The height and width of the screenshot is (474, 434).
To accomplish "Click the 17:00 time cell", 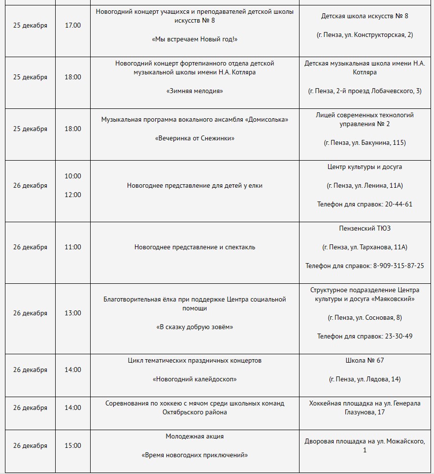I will pyautogui.click(x=73, y=25).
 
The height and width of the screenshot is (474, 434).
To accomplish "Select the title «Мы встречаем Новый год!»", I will pyautogui.click(x=195, y=39).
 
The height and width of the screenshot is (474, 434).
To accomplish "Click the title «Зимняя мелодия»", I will pyautogui.click(x=195, y=91).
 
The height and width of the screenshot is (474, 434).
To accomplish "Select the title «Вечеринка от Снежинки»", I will pyautogui.click(x=195, y=138).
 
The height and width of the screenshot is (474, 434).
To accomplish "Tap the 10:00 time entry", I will pyautogui.click(x=73, y=176).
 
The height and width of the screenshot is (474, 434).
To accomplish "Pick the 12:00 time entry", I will pyautogui.click(x=73, y=195).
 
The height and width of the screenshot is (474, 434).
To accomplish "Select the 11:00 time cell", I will pyautogui.click(x=73, y=247).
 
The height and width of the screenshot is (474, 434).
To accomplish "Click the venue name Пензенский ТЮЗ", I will pyautogui.click(x=365, y=228).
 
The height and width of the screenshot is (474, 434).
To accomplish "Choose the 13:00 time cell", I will pyautogui.click(x=73, y=313).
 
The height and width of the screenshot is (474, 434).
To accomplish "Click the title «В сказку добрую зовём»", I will pyautogui.click(x=195, y=327).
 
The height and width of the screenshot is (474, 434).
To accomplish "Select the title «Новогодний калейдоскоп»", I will pyautogui.click(x=195, y=379).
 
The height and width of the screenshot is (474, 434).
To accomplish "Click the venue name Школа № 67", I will pyautogui.click(x=365, y=360).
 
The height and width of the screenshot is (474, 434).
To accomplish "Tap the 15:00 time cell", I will pyautogui.click(x=73, y=445).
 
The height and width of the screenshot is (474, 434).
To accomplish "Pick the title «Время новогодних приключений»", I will pyautogui.click(x=195, y=455).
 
